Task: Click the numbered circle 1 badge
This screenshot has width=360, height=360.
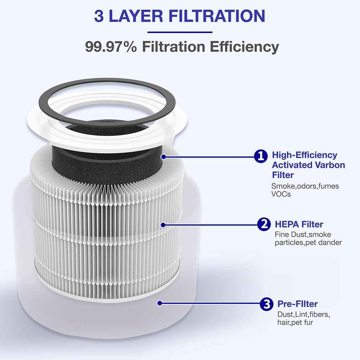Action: coord(261,156)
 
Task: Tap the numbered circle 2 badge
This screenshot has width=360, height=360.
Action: coord(264,225)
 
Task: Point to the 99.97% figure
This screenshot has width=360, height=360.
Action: coord(111,47)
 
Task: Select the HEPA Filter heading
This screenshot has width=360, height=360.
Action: coord(299,224)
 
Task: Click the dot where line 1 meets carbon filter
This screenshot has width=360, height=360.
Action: coord(164,156)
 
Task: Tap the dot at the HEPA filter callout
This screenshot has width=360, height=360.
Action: coord(163,225)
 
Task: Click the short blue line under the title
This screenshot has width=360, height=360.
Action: coord(180,32)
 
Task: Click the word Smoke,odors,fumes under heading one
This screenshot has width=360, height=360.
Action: coord(305,186)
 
